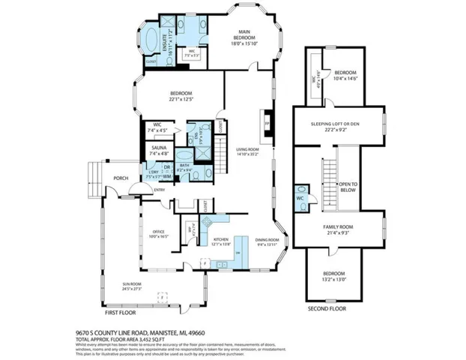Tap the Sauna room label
click(159, 148)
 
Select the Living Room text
click(247, 149)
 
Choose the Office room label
click(158, 232)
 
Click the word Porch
click(121, 178)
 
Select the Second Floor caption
click(327, 308)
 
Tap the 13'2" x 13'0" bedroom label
click(334, 276)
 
